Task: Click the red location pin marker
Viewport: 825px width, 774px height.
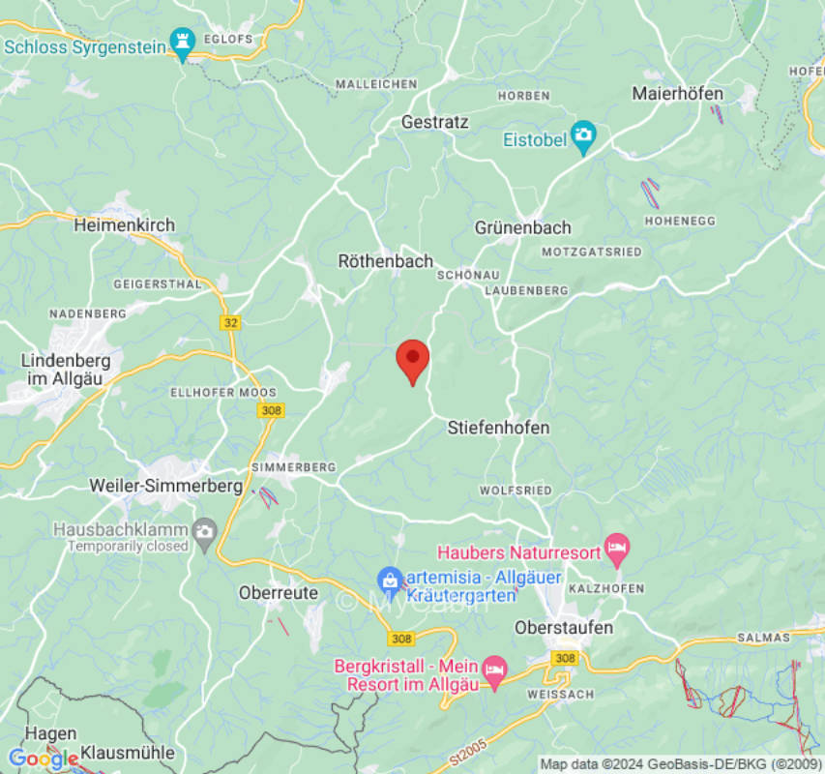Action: coord(413,360)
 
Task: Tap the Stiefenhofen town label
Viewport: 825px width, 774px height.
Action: coord(498,428)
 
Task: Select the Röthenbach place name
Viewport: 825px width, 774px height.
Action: coord(385,261)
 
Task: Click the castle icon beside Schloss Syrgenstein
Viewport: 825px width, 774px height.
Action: coord(183,42)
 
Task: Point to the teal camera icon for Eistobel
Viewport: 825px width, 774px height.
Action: coord(582,138)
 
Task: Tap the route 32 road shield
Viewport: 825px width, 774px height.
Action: coord(230,323)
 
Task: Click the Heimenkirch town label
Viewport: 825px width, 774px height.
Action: coord(125,225)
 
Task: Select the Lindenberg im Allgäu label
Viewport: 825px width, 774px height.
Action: coord(66,370)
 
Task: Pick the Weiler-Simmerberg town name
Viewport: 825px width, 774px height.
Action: coord(165,486)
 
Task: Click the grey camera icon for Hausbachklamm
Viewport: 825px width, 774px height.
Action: coord(204,530)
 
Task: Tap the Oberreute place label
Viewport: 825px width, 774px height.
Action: coord(279,593)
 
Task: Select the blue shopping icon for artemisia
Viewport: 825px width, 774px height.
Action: coord(389,580)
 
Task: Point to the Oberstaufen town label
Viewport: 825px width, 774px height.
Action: coord(564,628)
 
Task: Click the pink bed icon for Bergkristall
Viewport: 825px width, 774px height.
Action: coord(494,670)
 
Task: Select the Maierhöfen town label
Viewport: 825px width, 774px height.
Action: coord(678,94)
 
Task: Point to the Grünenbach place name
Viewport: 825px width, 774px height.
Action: coord(522,228)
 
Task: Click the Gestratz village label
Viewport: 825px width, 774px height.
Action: coord(434,123)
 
